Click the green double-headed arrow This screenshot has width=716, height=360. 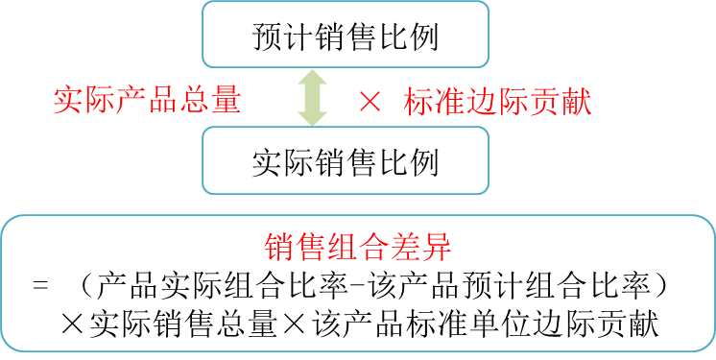313,97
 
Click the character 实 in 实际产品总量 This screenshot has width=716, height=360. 68,101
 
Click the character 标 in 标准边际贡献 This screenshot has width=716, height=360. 419,103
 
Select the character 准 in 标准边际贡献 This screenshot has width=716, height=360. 451,103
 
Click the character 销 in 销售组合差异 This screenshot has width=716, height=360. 278,248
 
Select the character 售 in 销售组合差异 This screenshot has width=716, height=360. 310,248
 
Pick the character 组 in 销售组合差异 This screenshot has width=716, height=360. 342,248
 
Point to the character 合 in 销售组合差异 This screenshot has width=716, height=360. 373,248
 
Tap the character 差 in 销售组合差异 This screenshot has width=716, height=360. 405,248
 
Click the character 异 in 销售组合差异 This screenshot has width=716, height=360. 437,248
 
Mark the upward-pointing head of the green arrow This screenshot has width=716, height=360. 313,78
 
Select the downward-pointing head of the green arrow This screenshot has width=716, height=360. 313,117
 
